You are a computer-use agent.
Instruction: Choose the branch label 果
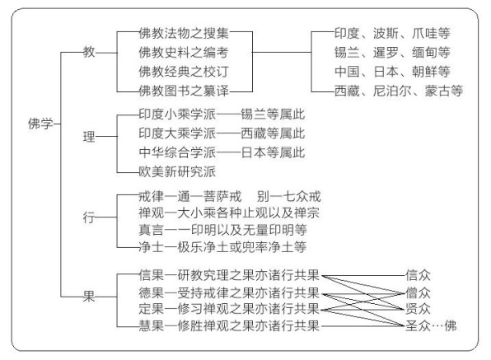point(88,297)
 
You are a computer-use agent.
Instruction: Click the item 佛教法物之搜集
point(182,34)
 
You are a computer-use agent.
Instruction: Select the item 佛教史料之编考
point(182,52)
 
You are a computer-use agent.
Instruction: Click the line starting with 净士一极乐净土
point(222,245)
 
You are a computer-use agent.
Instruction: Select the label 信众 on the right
point(418,274)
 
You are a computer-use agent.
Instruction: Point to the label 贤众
point(418,308)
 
